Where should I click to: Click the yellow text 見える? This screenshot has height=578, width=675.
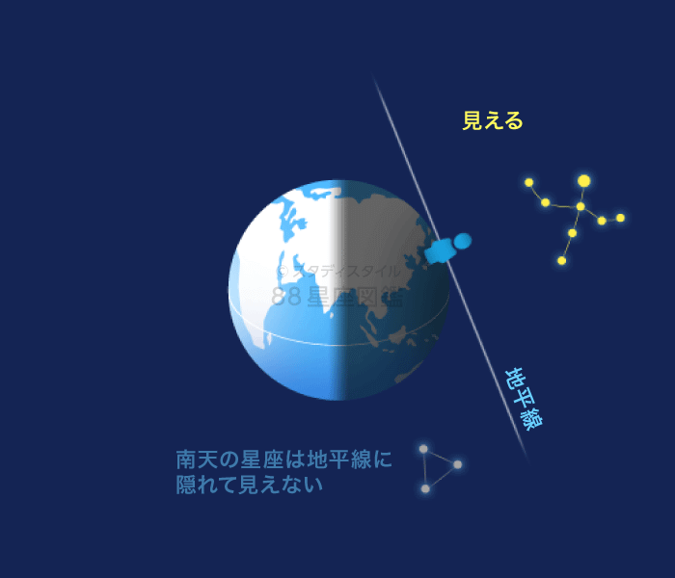(492, 120)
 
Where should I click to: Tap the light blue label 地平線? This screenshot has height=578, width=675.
(524, 399)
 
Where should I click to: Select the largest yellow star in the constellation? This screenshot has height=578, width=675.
(583, 181)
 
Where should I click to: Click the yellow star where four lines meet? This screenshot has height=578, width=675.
(580, 206)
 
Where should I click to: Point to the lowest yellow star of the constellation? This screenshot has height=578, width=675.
(561, 260)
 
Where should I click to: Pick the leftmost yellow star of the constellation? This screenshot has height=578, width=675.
(528, 182)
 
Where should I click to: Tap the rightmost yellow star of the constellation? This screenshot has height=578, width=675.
(620, 218)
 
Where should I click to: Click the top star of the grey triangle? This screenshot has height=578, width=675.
(423, 449)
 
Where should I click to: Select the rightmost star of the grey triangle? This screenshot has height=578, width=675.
(457, 464)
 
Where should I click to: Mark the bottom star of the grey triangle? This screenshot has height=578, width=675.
(425, 488)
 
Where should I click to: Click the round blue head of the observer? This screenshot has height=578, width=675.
(463, 240)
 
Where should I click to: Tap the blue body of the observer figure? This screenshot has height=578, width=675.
(442, 251)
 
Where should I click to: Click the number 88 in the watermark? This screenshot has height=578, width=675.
(286, 297)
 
